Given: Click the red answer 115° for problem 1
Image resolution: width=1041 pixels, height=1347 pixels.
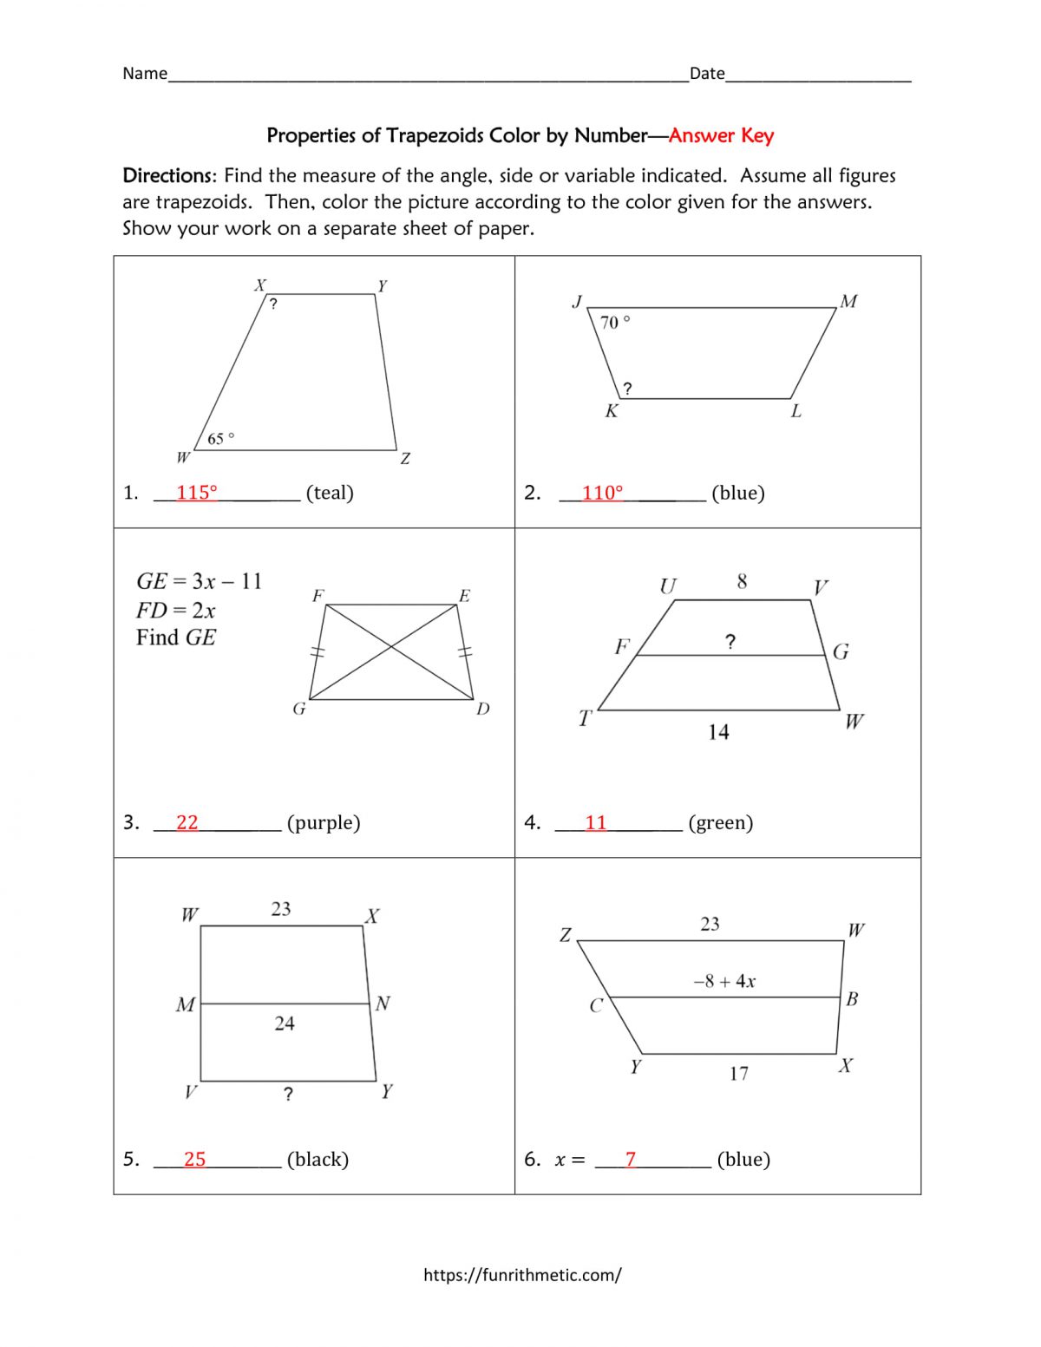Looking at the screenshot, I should (196, 493).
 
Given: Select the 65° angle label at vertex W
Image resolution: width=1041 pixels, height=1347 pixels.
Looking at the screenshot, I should (220, 439).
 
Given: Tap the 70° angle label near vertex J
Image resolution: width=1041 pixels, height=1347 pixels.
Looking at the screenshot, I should (615, 322).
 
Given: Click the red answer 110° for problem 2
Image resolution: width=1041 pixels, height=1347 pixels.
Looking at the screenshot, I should (602, 493).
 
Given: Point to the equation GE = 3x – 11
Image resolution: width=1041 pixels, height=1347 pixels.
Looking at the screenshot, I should (199, 581).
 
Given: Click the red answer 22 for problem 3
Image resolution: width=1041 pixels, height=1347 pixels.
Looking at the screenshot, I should (187, 822).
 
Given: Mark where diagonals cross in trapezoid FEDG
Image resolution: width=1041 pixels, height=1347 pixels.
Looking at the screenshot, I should (391, 647).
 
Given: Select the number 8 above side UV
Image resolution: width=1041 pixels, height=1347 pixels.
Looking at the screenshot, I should (742, 581).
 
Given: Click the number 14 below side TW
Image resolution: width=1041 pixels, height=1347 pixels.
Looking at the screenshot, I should (718, 732).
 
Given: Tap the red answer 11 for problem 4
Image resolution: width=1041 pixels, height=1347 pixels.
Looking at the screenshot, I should (595, 822).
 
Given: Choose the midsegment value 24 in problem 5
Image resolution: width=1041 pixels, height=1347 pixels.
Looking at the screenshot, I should (285, 1023).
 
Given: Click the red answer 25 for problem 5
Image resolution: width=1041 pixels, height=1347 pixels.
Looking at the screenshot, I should (194, 1159).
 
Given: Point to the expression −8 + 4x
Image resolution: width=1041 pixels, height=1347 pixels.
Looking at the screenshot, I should (724, 981).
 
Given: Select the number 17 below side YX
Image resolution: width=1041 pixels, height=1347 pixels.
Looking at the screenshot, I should (738, 1074).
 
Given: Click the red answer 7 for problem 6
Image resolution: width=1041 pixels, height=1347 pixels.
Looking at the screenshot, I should (631, 1159).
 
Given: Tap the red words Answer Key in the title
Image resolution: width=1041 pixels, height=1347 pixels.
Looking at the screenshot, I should (721, 135).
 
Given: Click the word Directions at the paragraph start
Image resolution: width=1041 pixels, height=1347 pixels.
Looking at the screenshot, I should (167, 175).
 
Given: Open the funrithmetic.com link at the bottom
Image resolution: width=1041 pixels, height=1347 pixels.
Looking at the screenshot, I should (522, 1274).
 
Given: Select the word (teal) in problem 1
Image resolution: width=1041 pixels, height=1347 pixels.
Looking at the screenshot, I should (330, 493).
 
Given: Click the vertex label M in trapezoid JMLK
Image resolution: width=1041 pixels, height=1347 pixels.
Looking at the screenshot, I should (848, 301).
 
